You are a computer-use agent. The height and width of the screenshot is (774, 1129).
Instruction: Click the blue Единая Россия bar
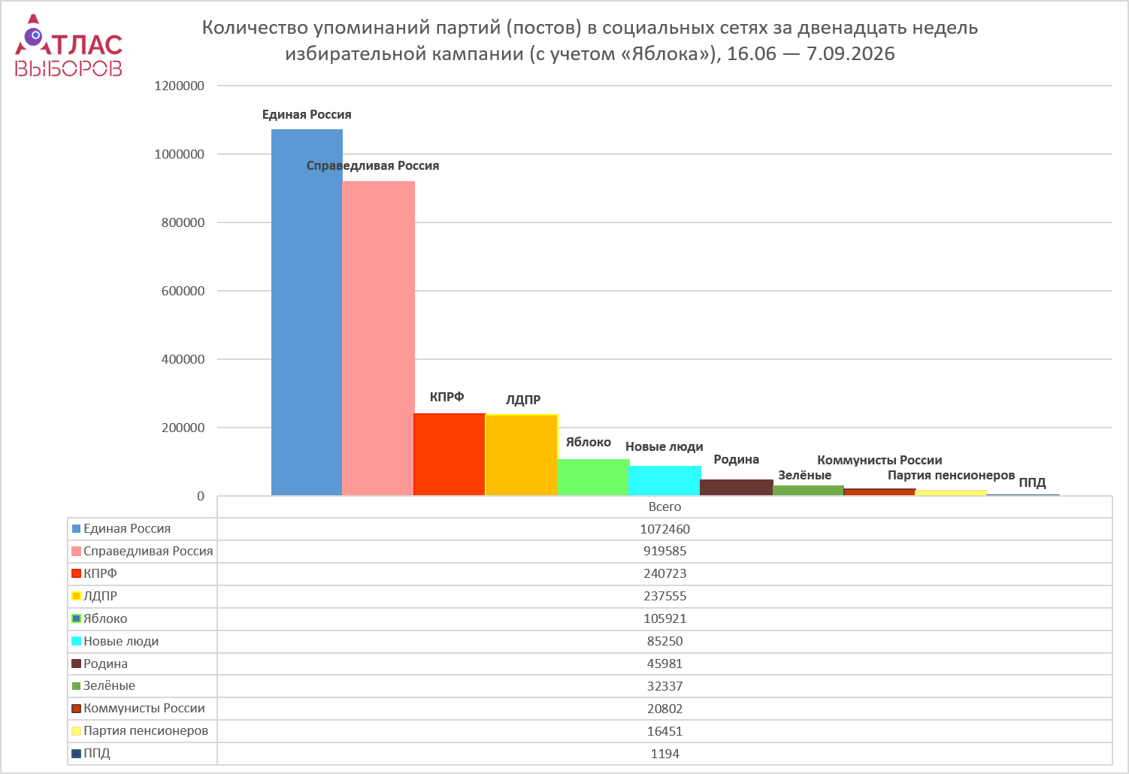pos(307,313)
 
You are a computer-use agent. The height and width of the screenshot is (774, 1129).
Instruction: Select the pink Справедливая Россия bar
pos(379,338)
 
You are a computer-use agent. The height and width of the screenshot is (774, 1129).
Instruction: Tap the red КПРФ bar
pos(449,455)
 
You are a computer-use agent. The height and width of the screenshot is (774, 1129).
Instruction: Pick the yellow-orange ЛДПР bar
pos(522,455)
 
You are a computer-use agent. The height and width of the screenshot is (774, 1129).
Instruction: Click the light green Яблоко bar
pos(593,477)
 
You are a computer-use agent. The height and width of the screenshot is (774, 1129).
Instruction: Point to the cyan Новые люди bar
pos(664,481)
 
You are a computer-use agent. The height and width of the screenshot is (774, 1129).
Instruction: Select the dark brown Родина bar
pos(737,487)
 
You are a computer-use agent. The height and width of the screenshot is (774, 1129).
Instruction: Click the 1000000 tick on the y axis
pos(180,154)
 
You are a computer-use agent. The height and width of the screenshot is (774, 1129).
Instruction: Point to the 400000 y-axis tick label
pos(183,359)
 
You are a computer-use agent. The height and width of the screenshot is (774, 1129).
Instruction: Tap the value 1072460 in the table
pos(664,529)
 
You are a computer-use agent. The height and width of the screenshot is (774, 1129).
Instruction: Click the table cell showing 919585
pos(664,551)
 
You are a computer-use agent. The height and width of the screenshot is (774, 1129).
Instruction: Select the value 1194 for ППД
pos(664,754)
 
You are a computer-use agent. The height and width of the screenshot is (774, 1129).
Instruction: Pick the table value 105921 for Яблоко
pos(664,618)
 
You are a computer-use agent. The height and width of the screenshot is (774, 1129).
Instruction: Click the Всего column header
pos(664,507)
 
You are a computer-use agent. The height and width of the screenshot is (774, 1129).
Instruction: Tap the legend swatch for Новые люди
pos(76,642)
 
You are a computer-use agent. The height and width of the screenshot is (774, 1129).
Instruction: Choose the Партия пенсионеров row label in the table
pos(146,730)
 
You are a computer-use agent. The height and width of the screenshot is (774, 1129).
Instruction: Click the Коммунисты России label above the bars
pos(879,460)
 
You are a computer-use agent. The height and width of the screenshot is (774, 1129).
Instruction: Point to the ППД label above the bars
pos(1032,482)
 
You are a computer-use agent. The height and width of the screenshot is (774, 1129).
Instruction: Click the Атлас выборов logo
pos(68,45)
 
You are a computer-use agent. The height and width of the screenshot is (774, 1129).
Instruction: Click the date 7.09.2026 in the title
pos(850,53)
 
